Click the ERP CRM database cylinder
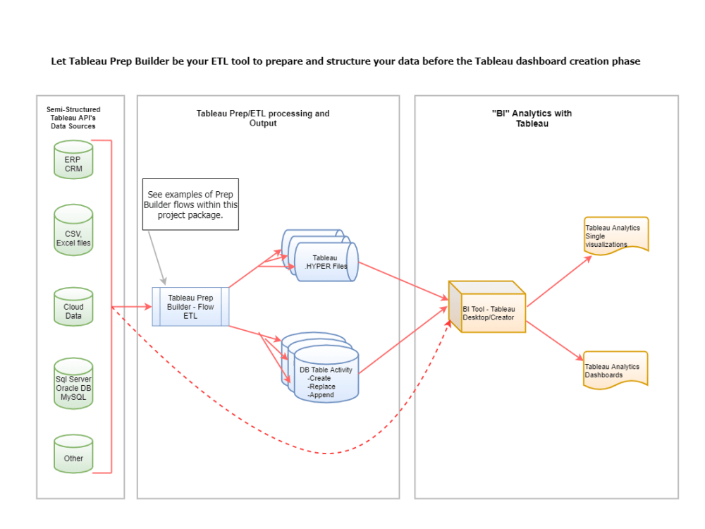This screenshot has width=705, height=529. (x=73, y=159)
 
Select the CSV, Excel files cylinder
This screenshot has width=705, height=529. (x=73, y=234)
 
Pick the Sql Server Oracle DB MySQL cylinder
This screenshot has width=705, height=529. (x=73, y=387)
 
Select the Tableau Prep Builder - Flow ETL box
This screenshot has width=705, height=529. (x=190, y=307)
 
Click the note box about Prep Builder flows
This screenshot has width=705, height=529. (x=190, y=205)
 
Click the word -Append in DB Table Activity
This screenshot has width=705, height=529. (x=321, y=395)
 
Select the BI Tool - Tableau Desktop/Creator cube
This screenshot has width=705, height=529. (x=488, y=308)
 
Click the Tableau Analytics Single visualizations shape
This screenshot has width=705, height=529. (x=615, y=235)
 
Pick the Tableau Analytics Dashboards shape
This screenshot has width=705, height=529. (x=615, y=370)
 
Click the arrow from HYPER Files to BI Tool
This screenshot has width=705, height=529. (x=402, y=281)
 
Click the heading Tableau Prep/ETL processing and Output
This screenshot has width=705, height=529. (x=262, y=118)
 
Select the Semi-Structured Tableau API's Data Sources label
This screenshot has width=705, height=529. (x=73, y=118)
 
